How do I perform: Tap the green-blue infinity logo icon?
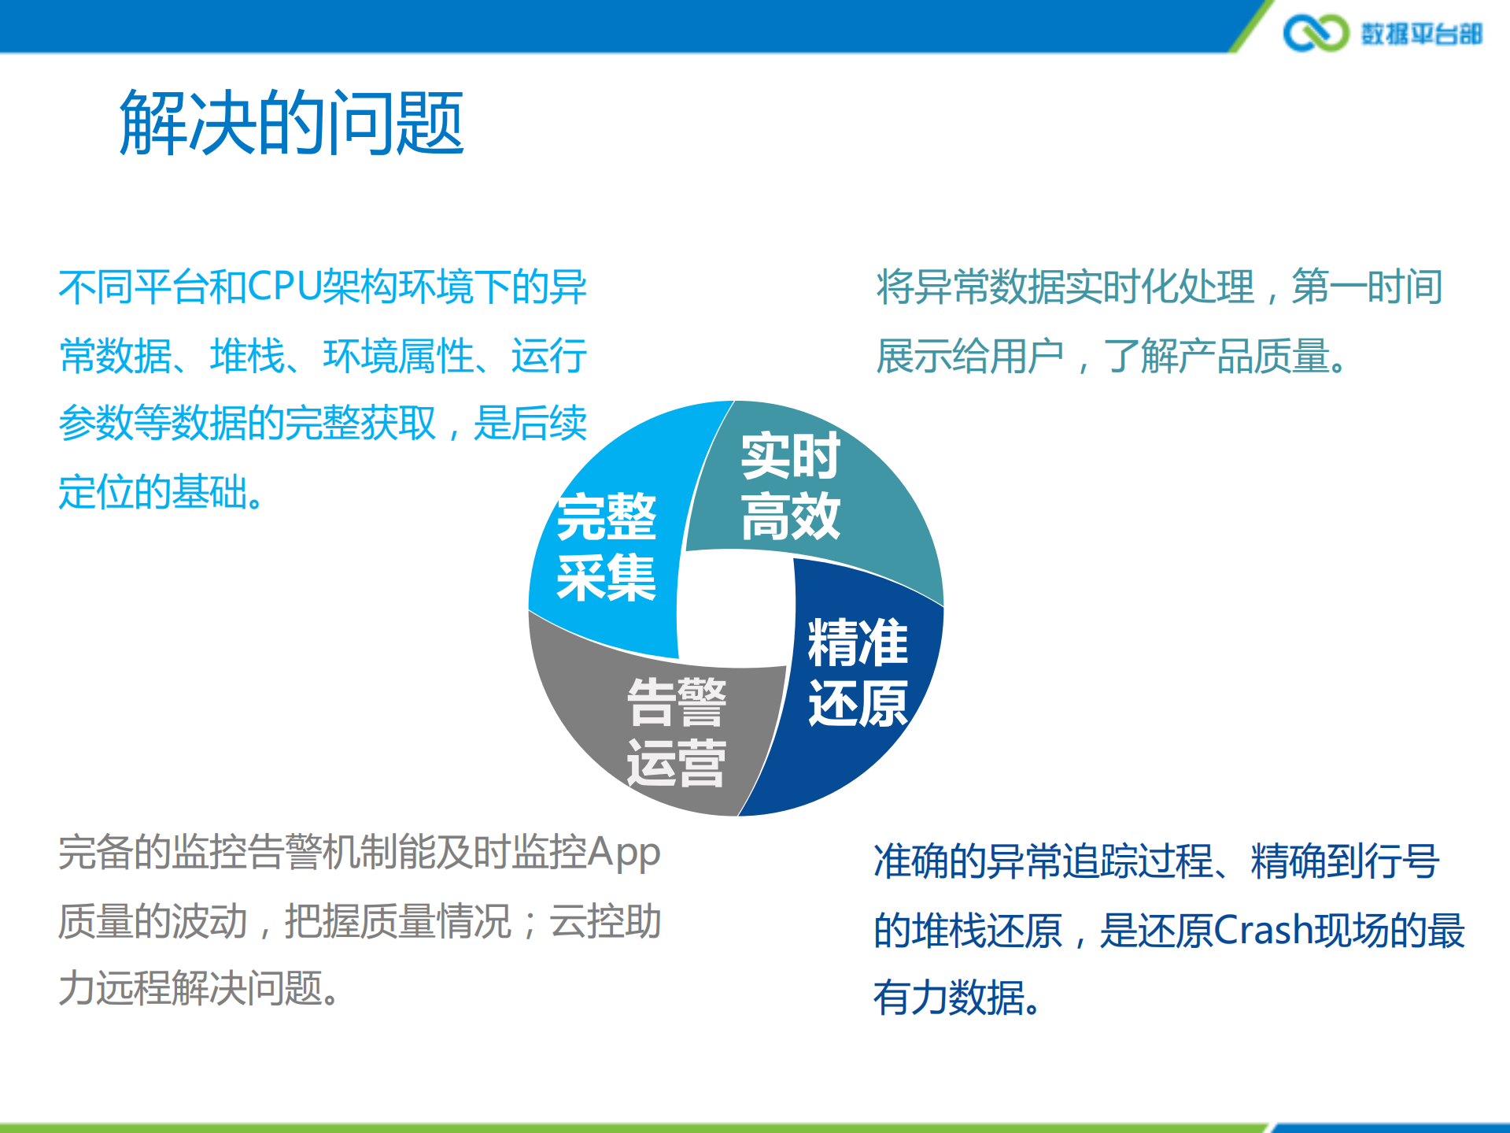[x=1315, y=33]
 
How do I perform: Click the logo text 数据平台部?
[x=1421, y=34]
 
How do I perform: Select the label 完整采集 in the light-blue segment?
[x=606, y=547]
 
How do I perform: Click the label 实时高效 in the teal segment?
[x=790, y=486]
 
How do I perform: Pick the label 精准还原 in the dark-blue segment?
[x=858, y=673]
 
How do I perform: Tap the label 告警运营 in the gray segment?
[x=676, y=732]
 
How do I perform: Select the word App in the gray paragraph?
[x=623, y=853]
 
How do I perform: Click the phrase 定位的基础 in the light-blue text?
[x=153, y=492]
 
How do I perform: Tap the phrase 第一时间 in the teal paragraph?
[x=1367, y=287]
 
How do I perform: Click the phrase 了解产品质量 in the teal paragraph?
[x=1216, y=356]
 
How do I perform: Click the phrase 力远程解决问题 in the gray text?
[x=190, y=988]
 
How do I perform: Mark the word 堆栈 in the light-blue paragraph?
[x=247, y=356]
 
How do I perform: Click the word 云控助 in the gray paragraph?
[x=605, y=921]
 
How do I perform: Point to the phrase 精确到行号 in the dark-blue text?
[x=1345, y=861]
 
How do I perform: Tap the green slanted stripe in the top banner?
[x=1250, y=27]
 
